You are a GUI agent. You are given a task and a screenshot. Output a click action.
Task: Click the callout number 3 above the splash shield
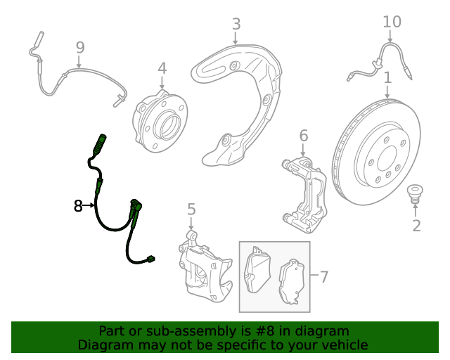coord(236,24)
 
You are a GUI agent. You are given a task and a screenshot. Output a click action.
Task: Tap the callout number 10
coord(392,22)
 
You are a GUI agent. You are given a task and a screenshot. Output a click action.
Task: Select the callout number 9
coord(80,47)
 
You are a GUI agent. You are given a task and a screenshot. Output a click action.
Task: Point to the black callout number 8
coord(78,206)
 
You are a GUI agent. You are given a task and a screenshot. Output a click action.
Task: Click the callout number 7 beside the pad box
coord(323,277)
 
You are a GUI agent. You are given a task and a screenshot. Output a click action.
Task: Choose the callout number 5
coord(191,209)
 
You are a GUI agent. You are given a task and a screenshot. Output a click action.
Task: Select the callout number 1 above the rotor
coord(387,77)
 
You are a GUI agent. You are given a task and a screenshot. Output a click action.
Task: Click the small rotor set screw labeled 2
coord(415,194)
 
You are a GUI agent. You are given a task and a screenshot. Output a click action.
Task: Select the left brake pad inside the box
coord(257,270)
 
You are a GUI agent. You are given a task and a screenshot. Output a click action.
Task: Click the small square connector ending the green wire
coord(150,259)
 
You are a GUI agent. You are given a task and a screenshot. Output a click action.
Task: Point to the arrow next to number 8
coord(89,205)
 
